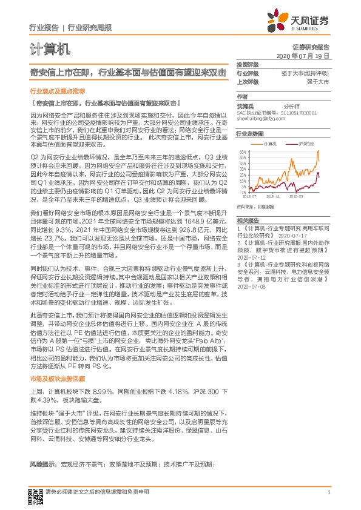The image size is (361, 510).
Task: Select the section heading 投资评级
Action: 248,65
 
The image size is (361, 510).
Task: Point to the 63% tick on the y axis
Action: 241,151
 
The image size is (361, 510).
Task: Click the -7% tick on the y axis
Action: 242,192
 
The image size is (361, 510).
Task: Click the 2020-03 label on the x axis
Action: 296,197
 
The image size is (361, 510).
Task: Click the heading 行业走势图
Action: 250,133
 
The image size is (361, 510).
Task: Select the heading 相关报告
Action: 248,220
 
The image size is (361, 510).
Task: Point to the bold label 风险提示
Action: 42,463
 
